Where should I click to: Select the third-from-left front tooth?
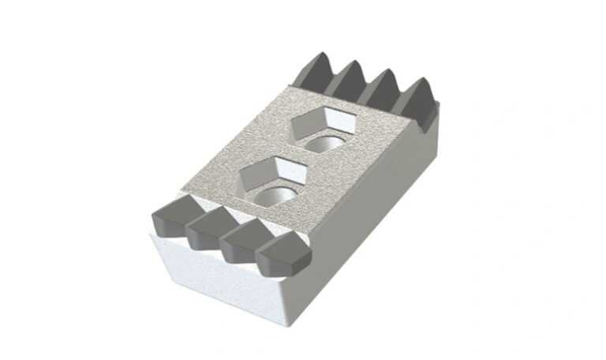[x=240, y=240]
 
